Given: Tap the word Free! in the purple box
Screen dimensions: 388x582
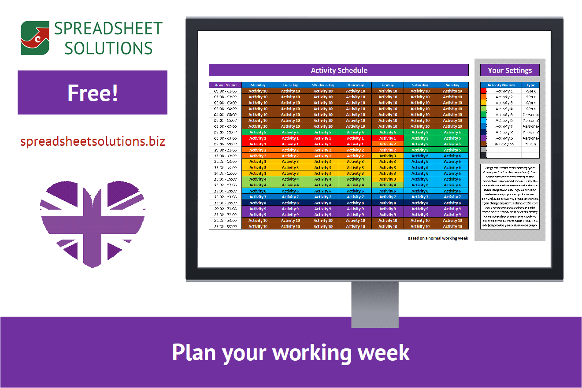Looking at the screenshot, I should click(x=93, y=92).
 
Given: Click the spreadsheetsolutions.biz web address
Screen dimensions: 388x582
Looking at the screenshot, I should click(x=93, y=141).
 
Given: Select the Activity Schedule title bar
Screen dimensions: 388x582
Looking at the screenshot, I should click(x=338, y=70).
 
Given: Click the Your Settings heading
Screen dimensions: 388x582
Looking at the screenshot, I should click(x=510, y=70).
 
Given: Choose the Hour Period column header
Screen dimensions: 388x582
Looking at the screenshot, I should click(x=225, y=85).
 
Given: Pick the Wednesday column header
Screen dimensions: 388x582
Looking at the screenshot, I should click(x=323, y=85).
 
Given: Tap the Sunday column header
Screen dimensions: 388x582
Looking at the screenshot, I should click(x=452, y=85).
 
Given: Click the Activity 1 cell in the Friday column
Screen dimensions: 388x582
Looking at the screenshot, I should click(x=388, y=138).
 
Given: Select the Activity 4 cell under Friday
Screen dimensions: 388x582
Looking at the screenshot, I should click(x=388, y=185).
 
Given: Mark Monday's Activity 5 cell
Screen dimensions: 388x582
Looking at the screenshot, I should click(x=258, y=132).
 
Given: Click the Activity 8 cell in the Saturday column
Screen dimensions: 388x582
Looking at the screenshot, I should click(x=420, y=203).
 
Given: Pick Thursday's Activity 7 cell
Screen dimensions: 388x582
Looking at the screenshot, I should click(x=355, y=197).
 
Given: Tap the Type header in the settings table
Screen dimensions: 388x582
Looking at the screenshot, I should click(x=530, y=85).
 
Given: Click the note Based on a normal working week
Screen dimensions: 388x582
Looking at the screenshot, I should click(x=437, y=238).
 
